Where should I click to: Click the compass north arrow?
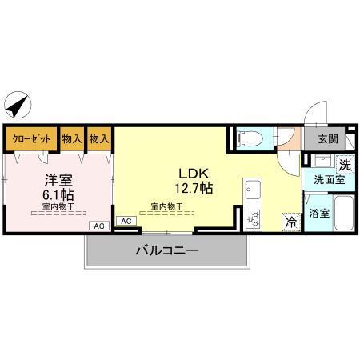coord(18,105)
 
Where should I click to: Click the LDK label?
coord(193,173)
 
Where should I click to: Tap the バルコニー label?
coord(166,250)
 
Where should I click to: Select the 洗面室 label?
coord(328,181)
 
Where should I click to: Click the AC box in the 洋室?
coord(99,226)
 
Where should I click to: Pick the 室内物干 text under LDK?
coord(166,206)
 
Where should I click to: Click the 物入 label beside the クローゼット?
coord(71,138)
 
